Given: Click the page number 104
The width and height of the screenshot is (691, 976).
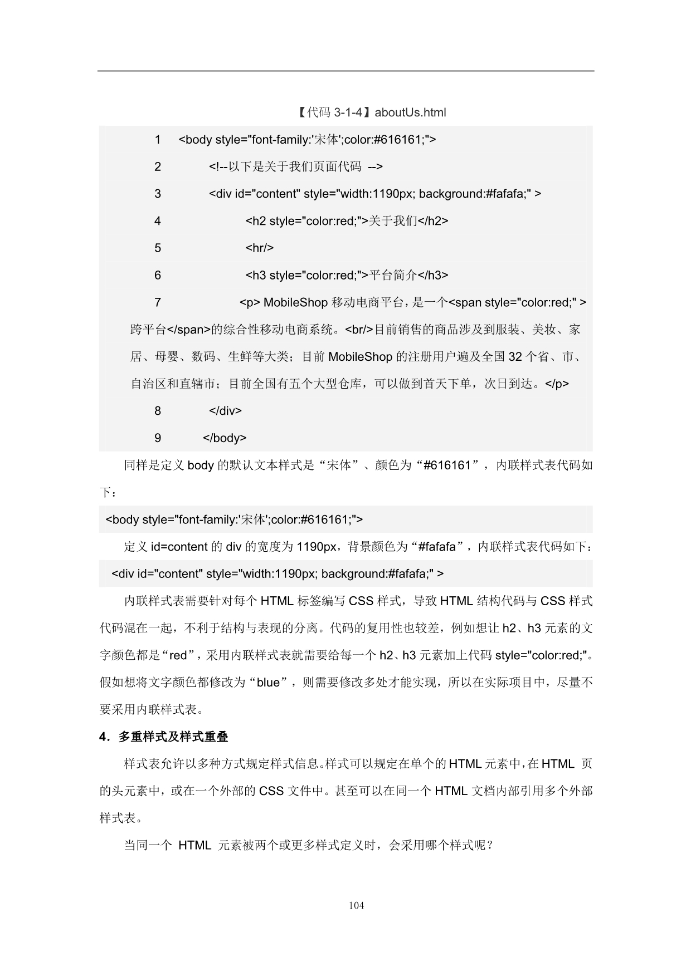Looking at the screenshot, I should tap(356, 905).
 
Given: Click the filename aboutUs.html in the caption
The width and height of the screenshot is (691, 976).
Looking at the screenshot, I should tap(410, 112).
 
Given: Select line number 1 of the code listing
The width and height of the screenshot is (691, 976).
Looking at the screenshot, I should tap(158, 140).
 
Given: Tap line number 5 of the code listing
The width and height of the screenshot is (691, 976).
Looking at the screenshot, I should tap(158, 248).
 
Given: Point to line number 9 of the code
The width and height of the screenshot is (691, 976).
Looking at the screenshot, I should tap(158, 438).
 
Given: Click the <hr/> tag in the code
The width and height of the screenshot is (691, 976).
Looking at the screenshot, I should tap(260, 248).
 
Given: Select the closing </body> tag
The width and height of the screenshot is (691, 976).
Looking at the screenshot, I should tap(225, 438).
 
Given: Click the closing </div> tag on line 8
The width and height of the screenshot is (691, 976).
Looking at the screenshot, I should tap(225, 411).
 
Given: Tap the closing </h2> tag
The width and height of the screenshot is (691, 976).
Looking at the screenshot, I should tap(433, 221).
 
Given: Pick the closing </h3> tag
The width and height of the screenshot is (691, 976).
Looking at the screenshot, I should tap(433, 275).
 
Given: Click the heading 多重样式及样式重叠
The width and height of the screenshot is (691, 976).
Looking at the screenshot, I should tap(173, 737).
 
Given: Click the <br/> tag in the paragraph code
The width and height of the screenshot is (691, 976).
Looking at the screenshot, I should tap(359, 330).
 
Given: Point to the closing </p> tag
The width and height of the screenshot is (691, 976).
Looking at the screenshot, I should tap(557, 384).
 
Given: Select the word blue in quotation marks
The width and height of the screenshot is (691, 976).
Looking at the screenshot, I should tap(268, 683).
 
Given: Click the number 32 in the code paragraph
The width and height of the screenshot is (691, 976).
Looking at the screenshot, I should tap(515, 357).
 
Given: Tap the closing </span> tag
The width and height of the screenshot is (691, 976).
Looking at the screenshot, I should tap(189, 330).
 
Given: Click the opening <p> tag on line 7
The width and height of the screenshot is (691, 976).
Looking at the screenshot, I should tap(250, 302).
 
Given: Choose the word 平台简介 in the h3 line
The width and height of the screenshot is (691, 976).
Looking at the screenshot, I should tap(393, 275).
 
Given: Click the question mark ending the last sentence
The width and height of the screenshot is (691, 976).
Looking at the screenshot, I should tap(490, 846).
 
